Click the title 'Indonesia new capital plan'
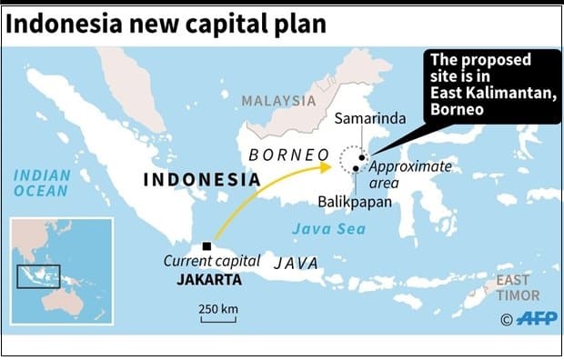coord(165,23)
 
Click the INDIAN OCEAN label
coord(41,183)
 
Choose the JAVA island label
coord(297,263)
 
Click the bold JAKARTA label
coord(209,280)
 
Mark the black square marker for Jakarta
coord(208,246)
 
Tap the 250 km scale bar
coord(218,315)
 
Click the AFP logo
coord(536,318)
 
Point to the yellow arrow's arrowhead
coord(327,166)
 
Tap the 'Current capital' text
coord(205,262)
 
